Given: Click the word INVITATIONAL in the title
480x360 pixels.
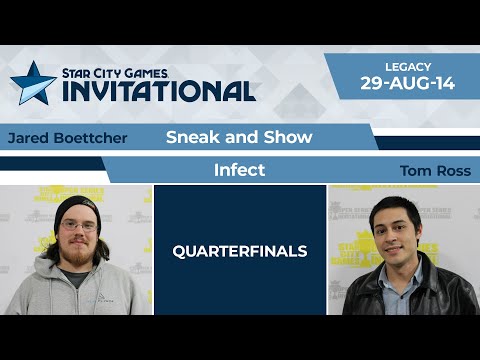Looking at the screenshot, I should pos(159,91).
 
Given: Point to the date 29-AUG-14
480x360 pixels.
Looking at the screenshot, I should pos(407,83).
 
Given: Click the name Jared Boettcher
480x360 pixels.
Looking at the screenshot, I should pos(67,138).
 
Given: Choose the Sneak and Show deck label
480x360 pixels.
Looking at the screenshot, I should pos(239,137).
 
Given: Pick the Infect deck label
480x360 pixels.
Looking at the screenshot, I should pos(239,170).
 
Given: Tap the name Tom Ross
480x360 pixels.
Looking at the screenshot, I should pos(435,171).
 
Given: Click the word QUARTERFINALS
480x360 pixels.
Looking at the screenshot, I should pos(240,250).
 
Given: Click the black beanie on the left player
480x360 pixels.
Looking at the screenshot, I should pos(78,208).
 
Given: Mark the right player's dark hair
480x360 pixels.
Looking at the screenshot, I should pos(395,204).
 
